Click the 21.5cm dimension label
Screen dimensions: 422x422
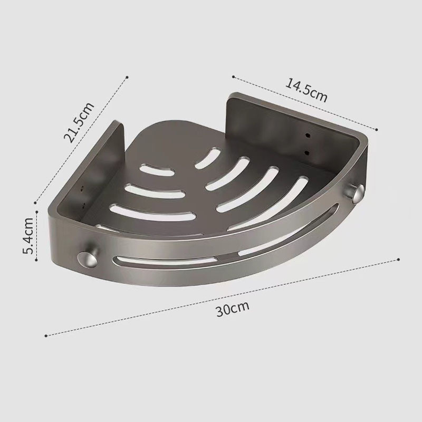pyautogui.click(x=79, y=122)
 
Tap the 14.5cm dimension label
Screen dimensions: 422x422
pyautogui.click(x=306, y=90)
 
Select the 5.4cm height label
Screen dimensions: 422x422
pyautogui.click(x=28, y=236)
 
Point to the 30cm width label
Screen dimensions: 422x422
pyautogui.click(x=233, y=309)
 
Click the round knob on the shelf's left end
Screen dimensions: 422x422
pyautogui.click(x=87, y=259)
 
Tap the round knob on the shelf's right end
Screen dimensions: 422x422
pyautogui.click(x=355, y=194)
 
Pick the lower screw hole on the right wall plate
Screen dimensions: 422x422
pyautogui.click(x=306, y=153)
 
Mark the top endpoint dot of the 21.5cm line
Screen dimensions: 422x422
pyautogui.click(x=127, y=78)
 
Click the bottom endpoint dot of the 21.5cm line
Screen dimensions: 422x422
pyautogui.click(x=35, y=203)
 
